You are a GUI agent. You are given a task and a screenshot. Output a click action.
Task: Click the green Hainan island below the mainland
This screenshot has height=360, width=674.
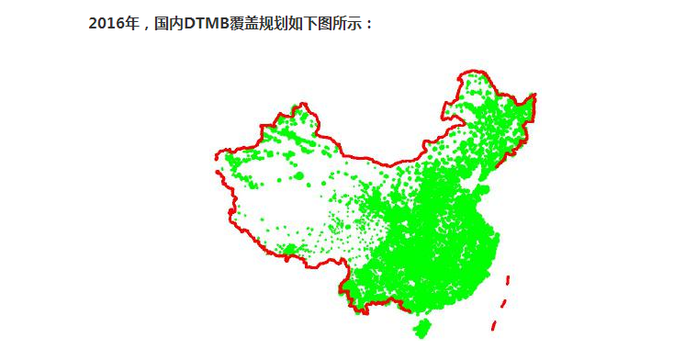tap(422, 328)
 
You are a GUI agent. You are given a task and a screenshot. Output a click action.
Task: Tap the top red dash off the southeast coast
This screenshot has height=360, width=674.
tap(508, 279)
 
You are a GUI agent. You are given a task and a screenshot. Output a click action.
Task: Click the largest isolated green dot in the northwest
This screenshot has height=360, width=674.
tap(297, 174)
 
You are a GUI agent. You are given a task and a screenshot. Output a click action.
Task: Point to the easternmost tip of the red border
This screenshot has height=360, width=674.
tap(535, 95)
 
